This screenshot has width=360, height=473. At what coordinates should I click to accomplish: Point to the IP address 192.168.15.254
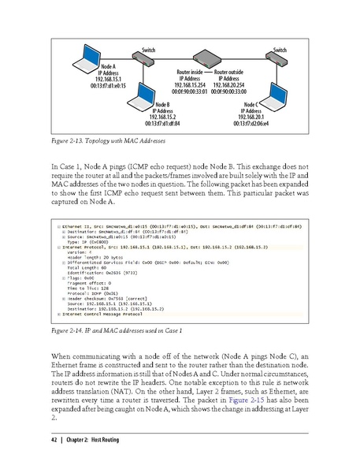[x=189, y=85]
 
